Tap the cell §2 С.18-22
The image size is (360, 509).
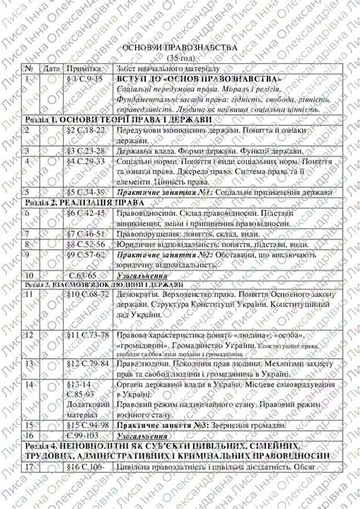86,131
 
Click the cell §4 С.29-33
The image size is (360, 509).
86,161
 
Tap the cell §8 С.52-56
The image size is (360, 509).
86,245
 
